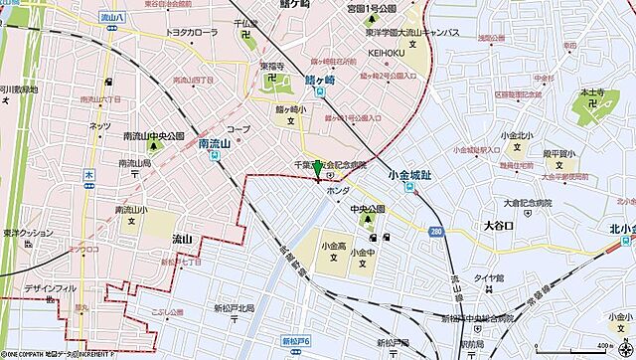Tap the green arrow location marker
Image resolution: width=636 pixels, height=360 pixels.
tap(317, 179)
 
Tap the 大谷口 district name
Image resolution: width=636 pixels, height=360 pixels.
tap(498, 226)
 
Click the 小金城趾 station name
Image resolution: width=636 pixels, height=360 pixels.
tap(409, 176)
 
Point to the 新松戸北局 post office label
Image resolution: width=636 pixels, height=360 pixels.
tap(235, 308)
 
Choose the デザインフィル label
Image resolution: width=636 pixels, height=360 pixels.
tap(51, 288)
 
